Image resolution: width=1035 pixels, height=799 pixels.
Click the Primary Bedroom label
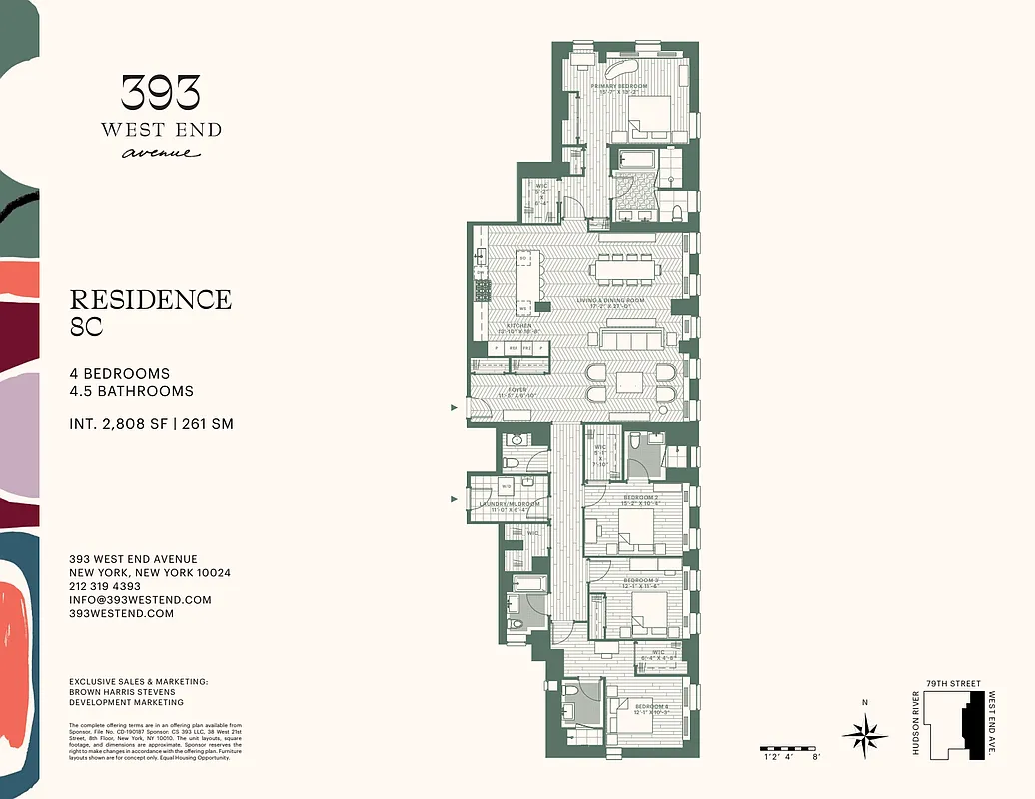click(x=619, y=86)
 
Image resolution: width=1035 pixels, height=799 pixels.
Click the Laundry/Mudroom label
click(x=510, y=504)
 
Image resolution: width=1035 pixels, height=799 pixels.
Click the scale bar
click(x=792, y=748)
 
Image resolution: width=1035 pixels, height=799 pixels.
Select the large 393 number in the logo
click(x=161, y=94)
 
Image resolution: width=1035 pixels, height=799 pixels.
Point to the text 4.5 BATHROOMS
click(x=131, y=391)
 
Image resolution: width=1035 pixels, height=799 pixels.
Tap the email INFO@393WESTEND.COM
click(x=140, y=600)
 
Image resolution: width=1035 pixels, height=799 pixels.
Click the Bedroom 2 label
click(x=640, y=496)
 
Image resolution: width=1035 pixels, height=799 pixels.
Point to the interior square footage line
click(x=151, y=424)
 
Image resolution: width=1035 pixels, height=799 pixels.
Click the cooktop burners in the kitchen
click(x=482, y=289)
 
